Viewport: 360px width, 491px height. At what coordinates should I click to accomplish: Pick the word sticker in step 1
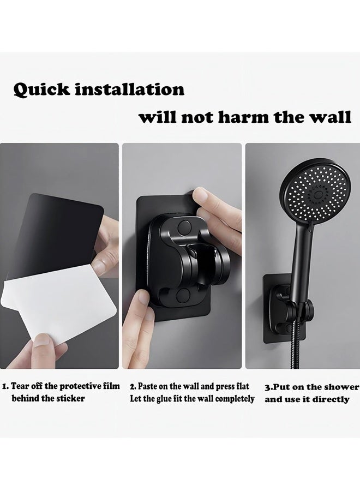pos(70,399)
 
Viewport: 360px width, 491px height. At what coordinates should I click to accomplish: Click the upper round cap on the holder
pos(184,226)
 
